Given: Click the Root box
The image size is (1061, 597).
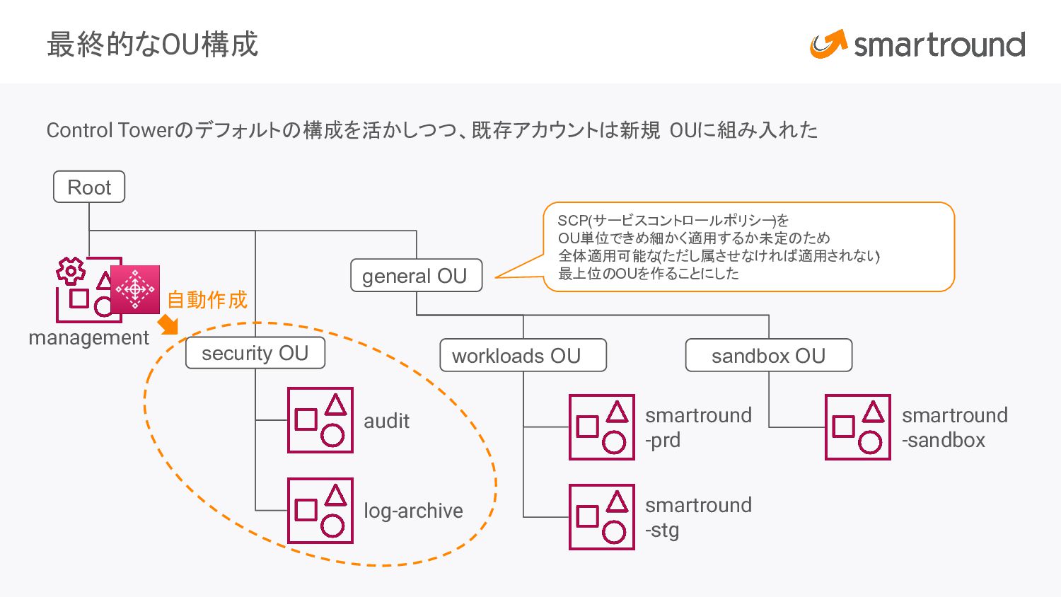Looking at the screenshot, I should pos(89,187).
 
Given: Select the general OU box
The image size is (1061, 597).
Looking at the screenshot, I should pos(416,276).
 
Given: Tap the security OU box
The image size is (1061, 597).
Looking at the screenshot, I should pos(255,353).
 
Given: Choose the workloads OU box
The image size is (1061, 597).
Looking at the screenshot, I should pos(523,355).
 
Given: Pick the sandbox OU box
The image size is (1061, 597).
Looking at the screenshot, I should pos(768,355).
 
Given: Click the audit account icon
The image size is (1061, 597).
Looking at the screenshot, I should pos(320,420).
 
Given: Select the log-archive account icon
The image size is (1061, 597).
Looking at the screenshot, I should pos(320,511).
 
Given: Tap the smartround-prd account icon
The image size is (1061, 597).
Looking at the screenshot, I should pos(602,427).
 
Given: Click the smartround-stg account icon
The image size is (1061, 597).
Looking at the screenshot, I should pos(602,517).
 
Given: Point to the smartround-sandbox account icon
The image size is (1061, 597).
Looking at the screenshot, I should pos(858,427).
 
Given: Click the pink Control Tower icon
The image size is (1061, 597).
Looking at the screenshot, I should pos(135,289).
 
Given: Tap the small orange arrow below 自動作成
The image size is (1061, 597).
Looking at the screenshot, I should pos(168,325).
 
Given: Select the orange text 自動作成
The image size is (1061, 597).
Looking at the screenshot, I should pos(207,300).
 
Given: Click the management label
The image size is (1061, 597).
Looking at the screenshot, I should pos(88,337).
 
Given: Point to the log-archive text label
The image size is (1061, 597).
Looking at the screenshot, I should pos(413,511).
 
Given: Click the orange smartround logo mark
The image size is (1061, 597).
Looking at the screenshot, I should pos(828,45).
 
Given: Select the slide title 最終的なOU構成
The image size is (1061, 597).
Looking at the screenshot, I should pos(152,44).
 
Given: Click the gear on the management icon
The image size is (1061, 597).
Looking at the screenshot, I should pos(71,271).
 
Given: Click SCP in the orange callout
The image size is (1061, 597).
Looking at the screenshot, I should pos(572,221).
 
